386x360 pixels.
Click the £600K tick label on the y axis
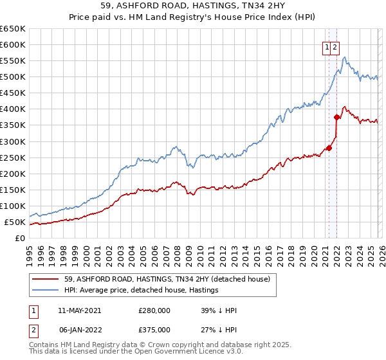coord(13,45)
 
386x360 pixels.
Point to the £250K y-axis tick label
coord(13,157)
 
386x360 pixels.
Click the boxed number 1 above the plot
coord(327,47)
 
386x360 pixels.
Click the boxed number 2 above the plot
coord(336,47)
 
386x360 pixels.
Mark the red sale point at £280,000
coord(329,148)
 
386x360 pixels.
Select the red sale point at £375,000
coord(336,117)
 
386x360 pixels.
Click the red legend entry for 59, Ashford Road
coord(170,279)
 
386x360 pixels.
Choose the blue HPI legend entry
coord(142,290)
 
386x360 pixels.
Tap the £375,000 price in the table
coord(154,330)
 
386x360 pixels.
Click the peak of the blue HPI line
coord(345,58)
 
